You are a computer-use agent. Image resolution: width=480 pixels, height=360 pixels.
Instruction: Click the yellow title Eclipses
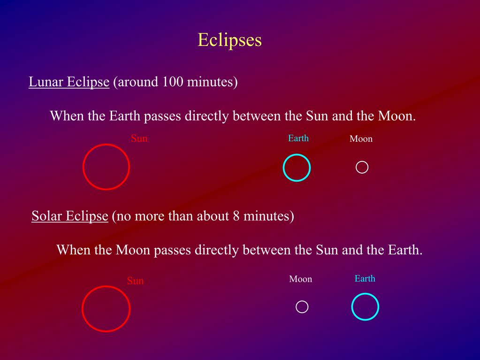pos(229,40)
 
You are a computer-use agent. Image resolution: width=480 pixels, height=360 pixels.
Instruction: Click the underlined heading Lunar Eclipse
pos(69,82)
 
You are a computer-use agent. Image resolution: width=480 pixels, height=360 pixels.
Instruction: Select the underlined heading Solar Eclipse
pos(70,216)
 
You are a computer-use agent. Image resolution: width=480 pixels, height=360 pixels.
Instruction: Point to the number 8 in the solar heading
pos(236,216)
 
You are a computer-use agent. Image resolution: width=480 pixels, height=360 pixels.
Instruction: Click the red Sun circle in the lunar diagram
pos(83,167)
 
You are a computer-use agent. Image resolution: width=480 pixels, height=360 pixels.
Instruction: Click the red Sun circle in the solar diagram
pos(83,308)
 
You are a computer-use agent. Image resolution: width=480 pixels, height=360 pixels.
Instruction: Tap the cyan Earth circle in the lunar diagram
pos(283,168)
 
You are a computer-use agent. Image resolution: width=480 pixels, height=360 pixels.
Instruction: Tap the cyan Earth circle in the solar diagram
pos(352,307)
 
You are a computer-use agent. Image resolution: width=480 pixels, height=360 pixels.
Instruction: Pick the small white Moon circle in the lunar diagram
pos(356,168)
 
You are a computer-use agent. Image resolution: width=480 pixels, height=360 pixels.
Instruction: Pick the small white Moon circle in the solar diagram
pos(297,307)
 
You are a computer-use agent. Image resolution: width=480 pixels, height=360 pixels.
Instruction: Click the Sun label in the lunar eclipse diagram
pos(139,138)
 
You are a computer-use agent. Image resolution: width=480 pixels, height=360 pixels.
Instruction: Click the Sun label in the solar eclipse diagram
pos(135,281)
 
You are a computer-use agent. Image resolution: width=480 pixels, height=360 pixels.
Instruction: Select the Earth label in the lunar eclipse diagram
pos(298,138)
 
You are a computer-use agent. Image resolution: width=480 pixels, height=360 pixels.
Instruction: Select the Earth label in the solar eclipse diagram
pos(365,278)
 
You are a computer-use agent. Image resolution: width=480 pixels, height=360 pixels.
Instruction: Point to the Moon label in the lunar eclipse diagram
pos(361,138)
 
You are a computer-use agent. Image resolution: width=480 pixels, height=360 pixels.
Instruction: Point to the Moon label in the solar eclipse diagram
pos(301,279)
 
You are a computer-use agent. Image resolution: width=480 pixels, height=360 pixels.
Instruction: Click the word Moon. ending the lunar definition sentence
pos(397,116)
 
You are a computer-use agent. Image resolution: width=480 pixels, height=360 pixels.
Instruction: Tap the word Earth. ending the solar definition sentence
pos(405,250)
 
